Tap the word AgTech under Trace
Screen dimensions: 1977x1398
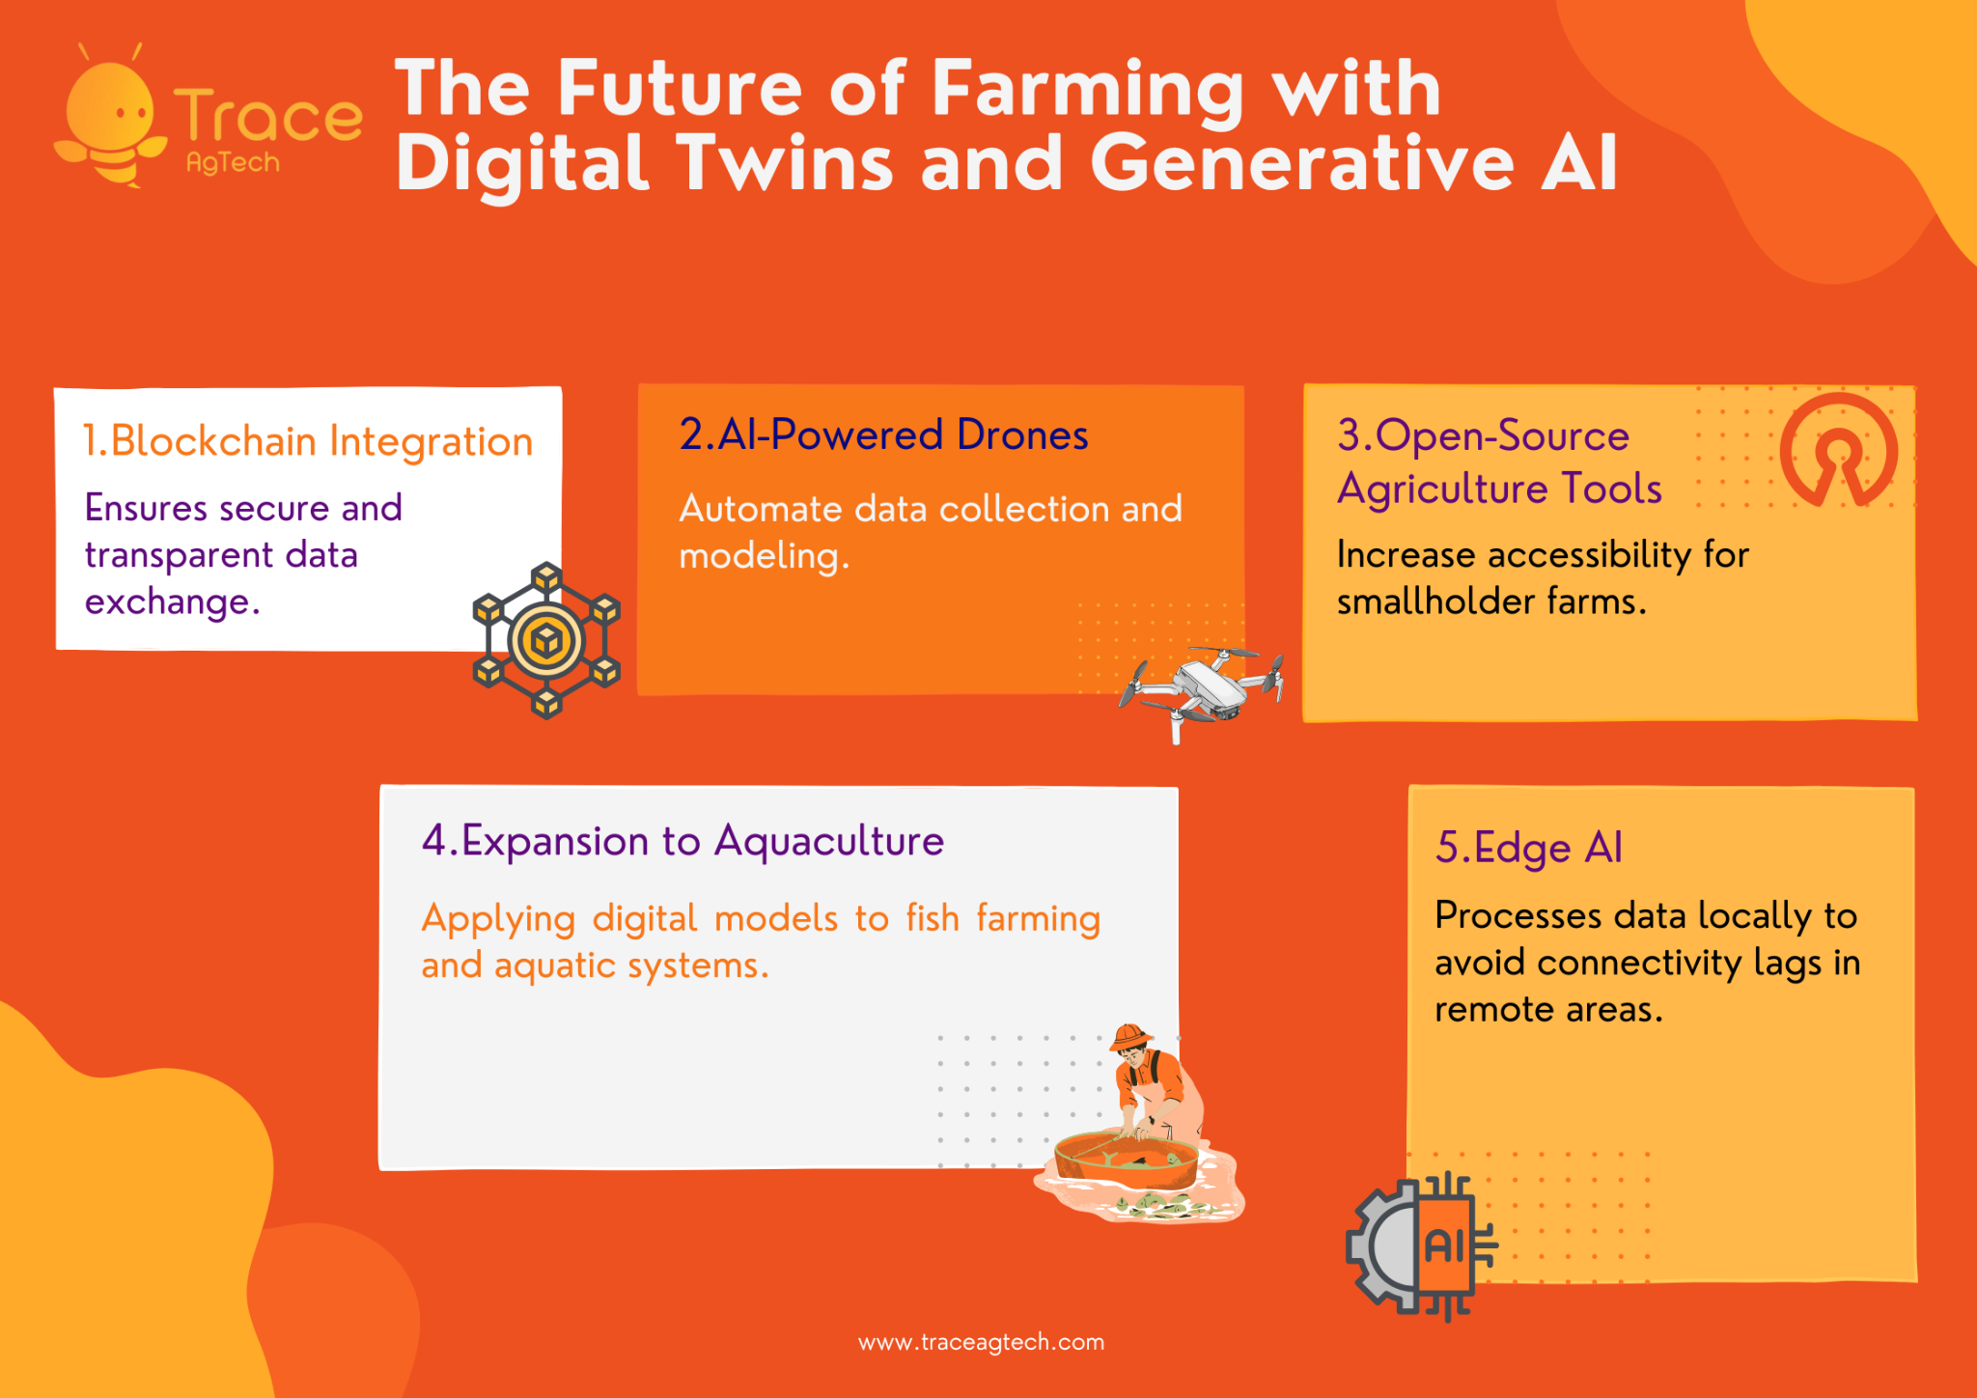pyautogui.click(x=233, y=162)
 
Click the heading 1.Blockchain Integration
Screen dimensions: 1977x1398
pyautogui.click(x=308, y=441)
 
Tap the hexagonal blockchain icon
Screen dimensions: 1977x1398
pyautogui.click(x=546, y=640)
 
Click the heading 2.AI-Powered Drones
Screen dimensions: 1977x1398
pyautogui.click(x=883, y=434)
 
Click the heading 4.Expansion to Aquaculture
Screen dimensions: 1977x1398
pyautogui.click(x=682, y=841)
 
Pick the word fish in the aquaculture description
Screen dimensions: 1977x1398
pyautogui.click(x=933, y=918)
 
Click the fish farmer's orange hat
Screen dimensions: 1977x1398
pyautogui.click(x=1129, y=1037)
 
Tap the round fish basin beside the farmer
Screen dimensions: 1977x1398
pyautogui.click(x=1127, y=1160)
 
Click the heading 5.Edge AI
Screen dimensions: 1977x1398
pyautogui.click(x=1528, y=848)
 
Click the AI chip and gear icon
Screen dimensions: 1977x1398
pyautogui.click(x=1421, y=1245)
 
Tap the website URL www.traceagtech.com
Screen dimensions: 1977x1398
pyautogui.click(x=981, y=1342)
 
